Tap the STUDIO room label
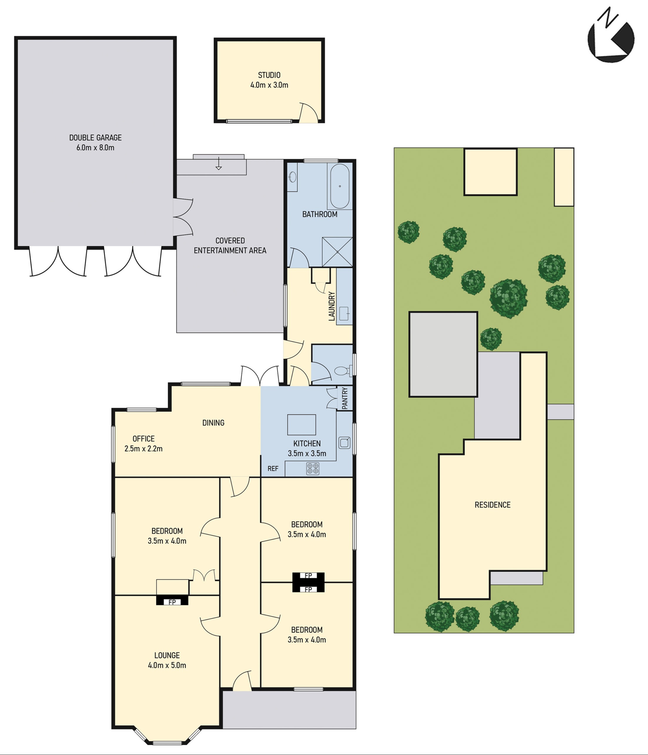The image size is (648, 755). click(269, 75)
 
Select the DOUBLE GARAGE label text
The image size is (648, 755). click(96, 138)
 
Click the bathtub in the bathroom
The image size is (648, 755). click(339, 186)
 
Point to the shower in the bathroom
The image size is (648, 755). click(337, 252)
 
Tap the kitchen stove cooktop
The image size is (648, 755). click(313, 468)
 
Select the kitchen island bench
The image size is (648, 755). click(302, 425)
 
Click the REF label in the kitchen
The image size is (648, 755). click(273, 469)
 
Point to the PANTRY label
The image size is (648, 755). click(345, 397)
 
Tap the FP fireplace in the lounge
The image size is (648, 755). click(172, 602)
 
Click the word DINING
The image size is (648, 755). click(213, 423)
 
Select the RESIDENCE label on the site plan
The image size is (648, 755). click(492, 505)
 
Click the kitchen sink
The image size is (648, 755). click(344, 443)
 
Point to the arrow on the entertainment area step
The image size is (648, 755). click(218, 163)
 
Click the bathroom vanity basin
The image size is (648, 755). click(293, 177)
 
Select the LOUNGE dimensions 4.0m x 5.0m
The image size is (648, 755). click(167, 665)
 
